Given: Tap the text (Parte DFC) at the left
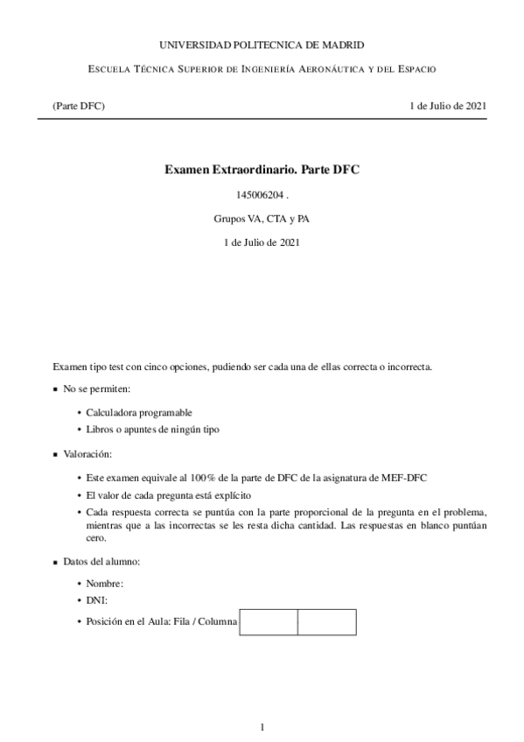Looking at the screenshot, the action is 79,106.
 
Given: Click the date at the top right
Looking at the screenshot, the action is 448,106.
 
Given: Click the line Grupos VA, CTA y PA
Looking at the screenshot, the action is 262,219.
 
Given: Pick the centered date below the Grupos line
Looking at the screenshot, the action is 262,242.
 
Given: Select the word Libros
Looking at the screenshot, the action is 100,430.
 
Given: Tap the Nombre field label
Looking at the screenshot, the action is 105,583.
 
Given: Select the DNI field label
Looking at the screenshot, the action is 95,601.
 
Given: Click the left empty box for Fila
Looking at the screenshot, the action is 269,622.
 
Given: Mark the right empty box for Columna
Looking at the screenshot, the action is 326,622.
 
